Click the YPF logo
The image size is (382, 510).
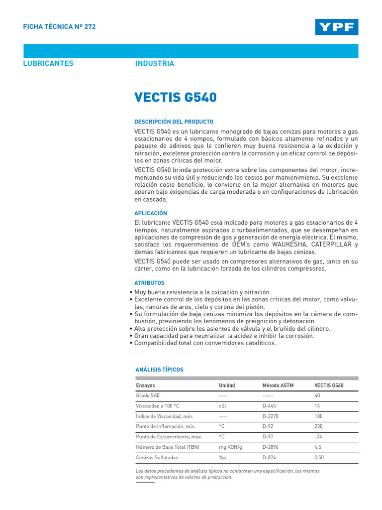pyautogui.click(x=336, y=27)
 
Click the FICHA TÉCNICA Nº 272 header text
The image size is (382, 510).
pyautogui.click(x=60, y=27)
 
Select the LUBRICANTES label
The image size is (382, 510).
pyautogui.click(x=48, y=63)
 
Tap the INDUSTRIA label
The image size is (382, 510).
pyautogui.click(x=155, y=63)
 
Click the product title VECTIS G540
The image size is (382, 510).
pyautogui.click(x=176, y=97)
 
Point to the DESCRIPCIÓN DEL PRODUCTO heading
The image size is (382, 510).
pyautogui.click(x=174, y=122)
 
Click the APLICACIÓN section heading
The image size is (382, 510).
pyautogui.click(x=151, y=213)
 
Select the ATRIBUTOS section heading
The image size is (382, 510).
pyautogui.click(x=150, y=283)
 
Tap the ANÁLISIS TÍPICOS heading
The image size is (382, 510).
pyautogui.click(x=160, y=370)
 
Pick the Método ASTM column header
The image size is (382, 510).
pyautogui.click(x=278, y=385)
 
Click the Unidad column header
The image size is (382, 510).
pyautogui.click(x=227, y=385)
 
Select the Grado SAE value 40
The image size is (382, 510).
pyautogui.click(x=318, y=395)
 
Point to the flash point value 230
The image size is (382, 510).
pyautogui.click(x=319, y=426)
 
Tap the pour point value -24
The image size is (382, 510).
pyautogui.click(x=318, y=437)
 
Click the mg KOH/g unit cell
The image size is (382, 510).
pyautogui.click(x=230, y=447)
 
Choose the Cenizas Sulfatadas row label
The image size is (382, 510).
pyautogui.click(x=157, y=457)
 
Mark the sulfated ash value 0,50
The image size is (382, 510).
pyautogui.click(x=319, y=457)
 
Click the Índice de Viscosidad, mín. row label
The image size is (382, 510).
pyautogui.click(x=164, y=416)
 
